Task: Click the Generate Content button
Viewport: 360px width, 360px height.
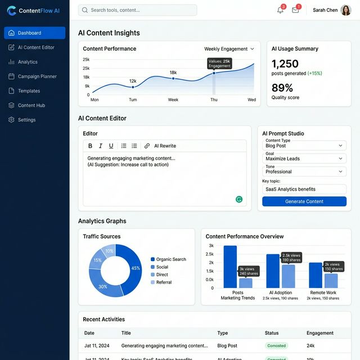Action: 304,201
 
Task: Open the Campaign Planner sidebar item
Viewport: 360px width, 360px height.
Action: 37,76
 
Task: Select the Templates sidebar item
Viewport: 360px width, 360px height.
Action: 29,91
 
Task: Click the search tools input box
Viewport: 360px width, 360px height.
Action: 138,10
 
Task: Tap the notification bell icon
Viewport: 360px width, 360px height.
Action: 280,10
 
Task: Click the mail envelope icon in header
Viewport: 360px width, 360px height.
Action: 295,10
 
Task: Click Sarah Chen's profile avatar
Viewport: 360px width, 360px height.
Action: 345,10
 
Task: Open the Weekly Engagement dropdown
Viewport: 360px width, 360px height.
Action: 229,49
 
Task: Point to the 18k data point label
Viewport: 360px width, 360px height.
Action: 173,73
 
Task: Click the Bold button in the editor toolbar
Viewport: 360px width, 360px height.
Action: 90,146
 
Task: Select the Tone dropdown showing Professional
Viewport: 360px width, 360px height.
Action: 304,172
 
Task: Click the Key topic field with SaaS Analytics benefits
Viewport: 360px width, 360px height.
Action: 304,189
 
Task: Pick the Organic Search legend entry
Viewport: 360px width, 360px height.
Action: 170,259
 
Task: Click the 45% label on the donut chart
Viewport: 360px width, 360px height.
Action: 136,268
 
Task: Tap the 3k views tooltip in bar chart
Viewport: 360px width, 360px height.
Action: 248,271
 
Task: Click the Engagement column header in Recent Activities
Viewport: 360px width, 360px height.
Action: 320,333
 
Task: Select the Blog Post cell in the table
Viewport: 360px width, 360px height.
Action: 227,346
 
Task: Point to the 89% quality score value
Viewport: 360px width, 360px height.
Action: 282,88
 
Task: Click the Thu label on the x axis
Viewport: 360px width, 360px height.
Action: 214,100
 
